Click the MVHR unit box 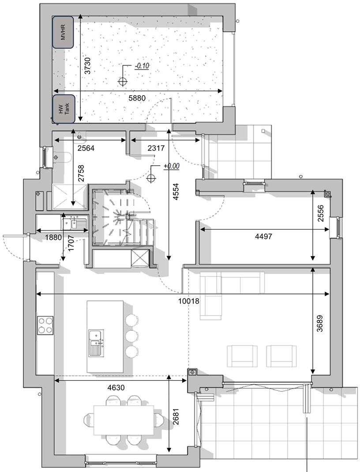pyautogui.click(x=63, y=32)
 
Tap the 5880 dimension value pyautogui.click(x=136, y=98)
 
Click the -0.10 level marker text pyautogui.click(x=142, y=66)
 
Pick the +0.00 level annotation pyautogui.click(x=172, y=166)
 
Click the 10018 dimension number pyautogui.click(x=189, y=301)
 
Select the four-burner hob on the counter pyautogui.click(x=45, y=325)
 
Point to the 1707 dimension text pyautogui.click(x=71, y=243)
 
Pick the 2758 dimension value pyautogui.click(x=81, y=174)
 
